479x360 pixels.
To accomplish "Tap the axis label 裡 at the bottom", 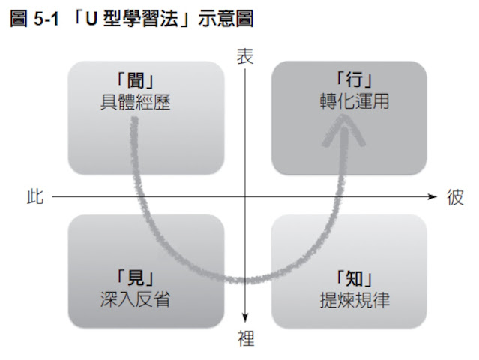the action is coord(246,339).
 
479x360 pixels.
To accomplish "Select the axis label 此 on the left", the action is coord(34,197).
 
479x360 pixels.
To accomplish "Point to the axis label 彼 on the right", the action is coord(455,197).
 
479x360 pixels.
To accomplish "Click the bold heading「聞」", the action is coord(135,81).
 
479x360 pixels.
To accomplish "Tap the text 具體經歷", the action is coord(135,101).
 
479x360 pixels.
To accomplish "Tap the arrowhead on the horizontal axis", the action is coord(432,197).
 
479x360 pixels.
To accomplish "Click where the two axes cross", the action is coord(246,197).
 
